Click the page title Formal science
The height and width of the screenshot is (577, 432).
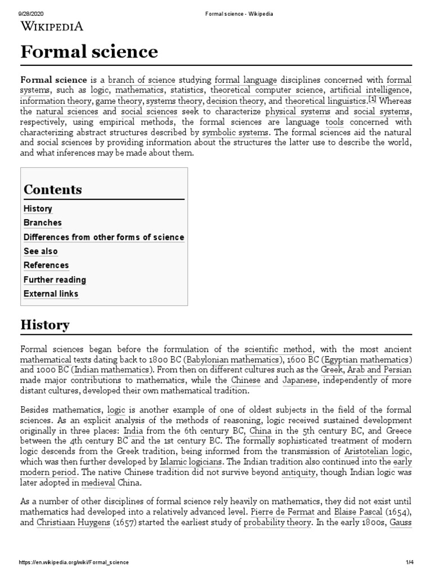click(x=89, y=52)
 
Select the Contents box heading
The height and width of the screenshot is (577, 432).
click(x=53, y=189)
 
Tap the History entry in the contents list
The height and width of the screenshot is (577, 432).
click(x=38, y=208)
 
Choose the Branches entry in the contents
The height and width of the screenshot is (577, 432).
click(x=43, y=223)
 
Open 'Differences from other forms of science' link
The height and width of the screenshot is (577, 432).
click(x=103, y=237)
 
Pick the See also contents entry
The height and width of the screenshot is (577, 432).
click(x=40, y=251)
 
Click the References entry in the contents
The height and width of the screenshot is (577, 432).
click(x=46, y=265)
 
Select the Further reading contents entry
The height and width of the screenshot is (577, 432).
click(x=55, y=279)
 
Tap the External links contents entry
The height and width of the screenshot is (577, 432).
click(x=51, y=294)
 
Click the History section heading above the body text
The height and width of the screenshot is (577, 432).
click(x=45, y=325)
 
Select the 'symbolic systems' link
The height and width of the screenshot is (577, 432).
click(x=235, y=132)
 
